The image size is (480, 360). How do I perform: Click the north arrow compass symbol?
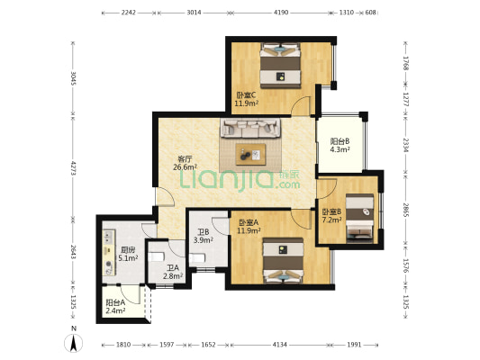tap(74, 343)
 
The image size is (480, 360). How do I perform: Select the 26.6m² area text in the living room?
tap(185, 167)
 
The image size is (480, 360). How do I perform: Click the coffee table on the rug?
tap(250, 154)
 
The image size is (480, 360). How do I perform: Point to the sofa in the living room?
tap(250, 128)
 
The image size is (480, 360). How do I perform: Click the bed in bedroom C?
tap(280, 66)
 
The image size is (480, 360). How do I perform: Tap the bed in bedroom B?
tap(359, 216)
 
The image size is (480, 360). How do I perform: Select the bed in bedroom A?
tap(283, 261)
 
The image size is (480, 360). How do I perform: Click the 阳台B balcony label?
tap(340, 141)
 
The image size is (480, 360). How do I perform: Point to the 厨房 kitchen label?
tap(128, 250)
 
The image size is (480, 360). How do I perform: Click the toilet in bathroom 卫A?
tap(156, 256)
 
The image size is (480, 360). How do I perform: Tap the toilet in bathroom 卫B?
tap(197, 259)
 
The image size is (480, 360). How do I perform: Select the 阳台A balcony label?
tap(115, 302)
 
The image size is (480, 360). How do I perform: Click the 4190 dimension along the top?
tap(281, 13)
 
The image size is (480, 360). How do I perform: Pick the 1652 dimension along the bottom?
tap(208, 345)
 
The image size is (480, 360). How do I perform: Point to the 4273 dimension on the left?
tap(74, 168)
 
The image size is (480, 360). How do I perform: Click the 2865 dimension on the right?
tap(405, 211)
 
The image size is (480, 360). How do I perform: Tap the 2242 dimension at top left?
tap(129, 13)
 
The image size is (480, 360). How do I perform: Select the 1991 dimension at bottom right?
tap(354, 345)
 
